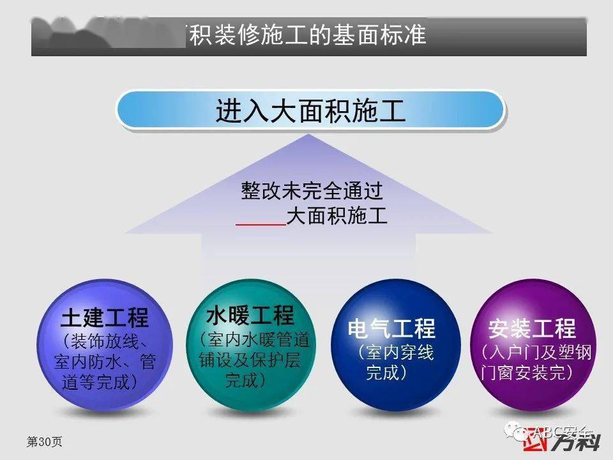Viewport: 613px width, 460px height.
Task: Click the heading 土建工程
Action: (x=105, y=318)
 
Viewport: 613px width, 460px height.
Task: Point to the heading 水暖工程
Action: (x=250, y=315)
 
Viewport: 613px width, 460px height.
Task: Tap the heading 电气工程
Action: (x=391, y=329)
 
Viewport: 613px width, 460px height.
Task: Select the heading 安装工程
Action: (x=532, y=329)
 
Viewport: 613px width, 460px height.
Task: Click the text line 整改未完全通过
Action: (x=312, y=190)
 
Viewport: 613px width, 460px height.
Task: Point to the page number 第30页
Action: (x=44, y=441)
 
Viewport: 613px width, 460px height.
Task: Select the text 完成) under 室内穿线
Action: (x=388, y=372)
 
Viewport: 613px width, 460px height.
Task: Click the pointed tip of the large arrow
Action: (x=309, y=135)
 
